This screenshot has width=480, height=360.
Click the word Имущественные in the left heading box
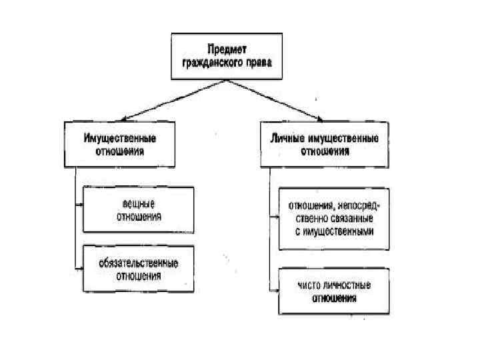pos(120,139)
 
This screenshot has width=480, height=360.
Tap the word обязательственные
pos(139,263)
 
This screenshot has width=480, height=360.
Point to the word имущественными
pos(341,231)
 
